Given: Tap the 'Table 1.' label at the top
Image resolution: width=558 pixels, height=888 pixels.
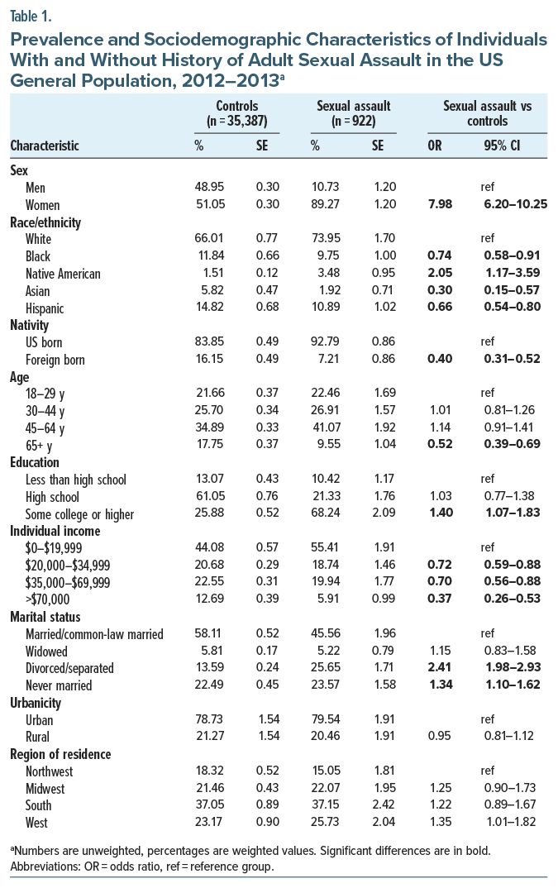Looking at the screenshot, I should pos(30,14).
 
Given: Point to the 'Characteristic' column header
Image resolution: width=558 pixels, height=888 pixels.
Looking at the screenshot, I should pos(45,146).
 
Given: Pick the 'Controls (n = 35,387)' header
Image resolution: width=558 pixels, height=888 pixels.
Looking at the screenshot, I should pos(236,113).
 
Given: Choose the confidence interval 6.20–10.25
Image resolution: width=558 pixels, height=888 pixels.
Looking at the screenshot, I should pos(505,204).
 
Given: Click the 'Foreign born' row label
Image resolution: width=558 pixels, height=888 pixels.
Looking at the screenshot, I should pos(56,360).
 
